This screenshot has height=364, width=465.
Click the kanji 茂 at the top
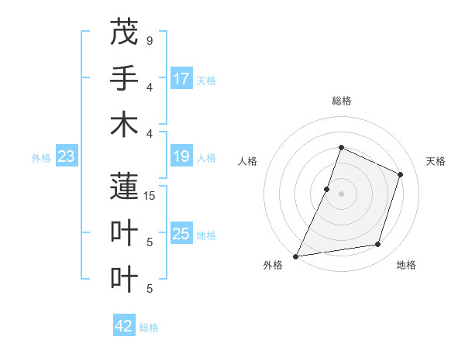[124, 32]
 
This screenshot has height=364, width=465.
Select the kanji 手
[124, 78]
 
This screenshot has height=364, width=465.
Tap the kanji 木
[124, 125]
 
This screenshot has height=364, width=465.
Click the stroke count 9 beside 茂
[149, 40]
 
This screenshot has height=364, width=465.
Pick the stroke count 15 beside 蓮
[150, 195]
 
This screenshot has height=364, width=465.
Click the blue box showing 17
[181, 79]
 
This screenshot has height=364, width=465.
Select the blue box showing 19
[181, 157]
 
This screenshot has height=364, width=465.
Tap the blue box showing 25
[181, 234]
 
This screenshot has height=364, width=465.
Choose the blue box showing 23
[67, 157]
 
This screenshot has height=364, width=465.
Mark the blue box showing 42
[124, 326]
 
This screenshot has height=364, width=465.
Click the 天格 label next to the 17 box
[206, 81]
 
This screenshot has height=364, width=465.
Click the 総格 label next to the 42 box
[149, 328]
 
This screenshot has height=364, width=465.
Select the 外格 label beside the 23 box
[41, 158]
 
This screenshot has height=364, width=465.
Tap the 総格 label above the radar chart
[341, 101]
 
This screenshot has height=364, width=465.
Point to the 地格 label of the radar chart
[406, 265]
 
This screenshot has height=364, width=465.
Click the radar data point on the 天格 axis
[401, 174]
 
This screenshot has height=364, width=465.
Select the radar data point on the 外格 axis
[295, 256]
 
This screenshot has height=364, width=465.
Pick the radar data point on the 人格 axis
[327, 189]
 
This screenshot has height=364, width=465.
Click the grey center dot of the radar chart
[341, 194]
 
